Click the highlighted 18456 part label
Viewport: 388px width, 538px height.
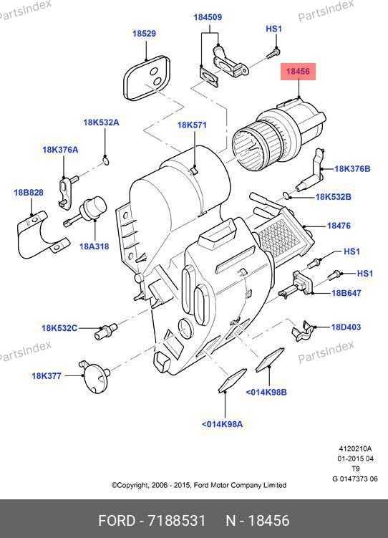click(298, 72)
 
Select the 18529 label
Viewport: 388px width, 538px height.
click(145, 34)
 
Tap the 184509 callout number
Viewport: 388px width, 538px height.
click(208, 17)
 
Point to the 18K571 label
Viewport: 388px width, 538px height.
click(192, 125)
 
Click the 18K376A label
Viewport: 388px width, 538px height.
click(60, 150)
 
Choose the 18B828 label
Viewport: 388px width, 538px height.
click(29, 193)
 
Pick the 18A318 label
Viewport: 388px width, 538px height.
click(94, 246)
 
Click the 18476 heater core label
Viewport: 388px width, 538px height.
click(339, 226)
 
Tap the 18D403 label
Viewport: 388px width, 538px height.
click(346, 327)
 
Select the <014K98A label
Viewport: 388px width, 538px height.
click(222, 424)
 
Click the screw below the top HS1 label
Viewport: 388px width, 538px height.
click(273, 54)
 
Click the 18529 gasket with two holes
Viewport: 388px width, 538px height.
click(147, 78)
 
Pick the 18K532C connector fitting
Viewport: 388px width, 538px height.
click(105, 331)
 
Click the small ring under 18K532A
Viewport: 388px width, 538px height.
click(105, 160)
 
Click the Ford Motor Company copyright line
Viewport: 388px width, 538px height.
click(199, 485)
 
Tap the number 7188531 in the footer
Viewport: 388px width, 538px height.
click(177, 521)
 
